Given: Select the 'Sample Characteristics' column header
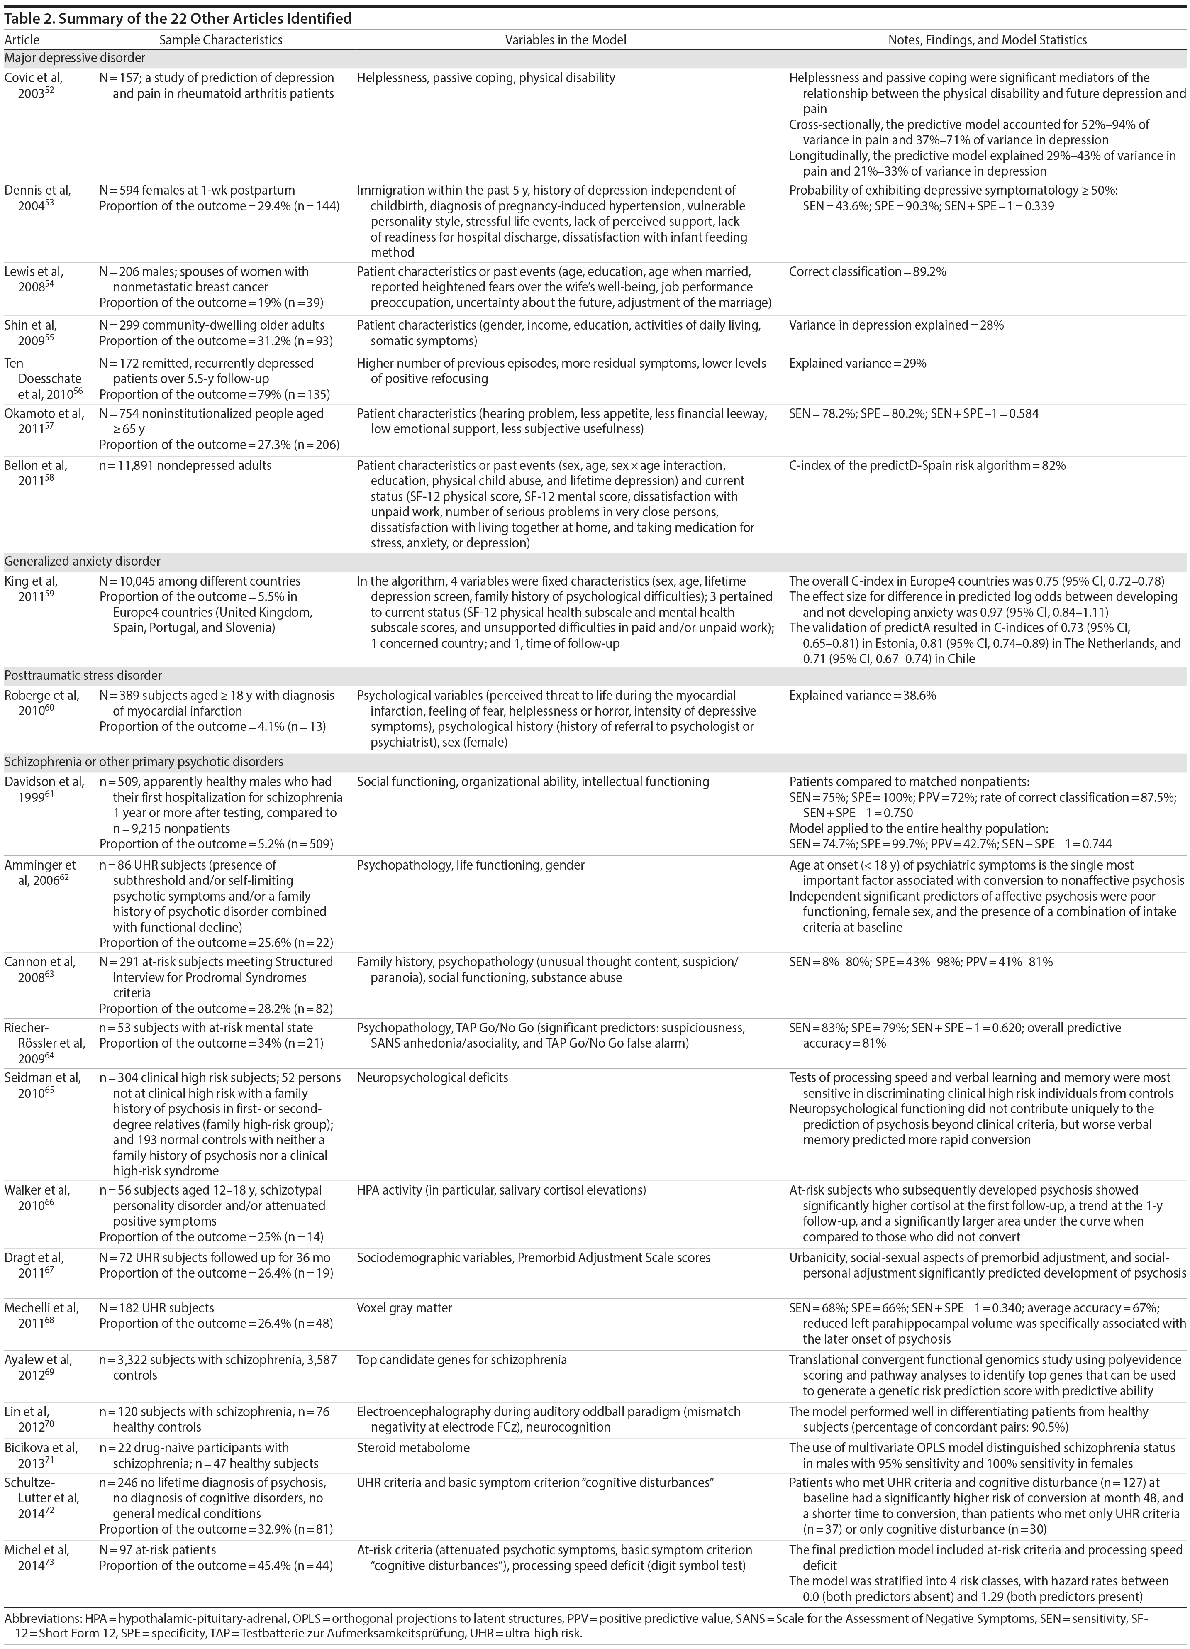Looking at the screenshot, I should click(220, 40).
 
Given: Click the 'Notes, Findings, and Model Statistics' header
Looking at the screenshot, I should click(987, 40).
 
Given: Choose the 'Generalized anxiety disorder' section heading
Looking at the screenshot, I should click(82, 561).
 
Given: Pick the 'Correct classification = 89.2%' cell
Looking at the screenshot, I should click(867, 272).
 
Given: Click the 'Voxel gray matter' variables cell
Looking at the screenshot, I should click(404, 1308).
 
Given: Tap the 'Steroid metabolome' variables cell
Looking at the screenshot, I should click(413, 1448).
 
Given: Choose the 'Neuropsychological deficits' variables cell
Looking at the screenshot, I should click(432, 1077).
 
